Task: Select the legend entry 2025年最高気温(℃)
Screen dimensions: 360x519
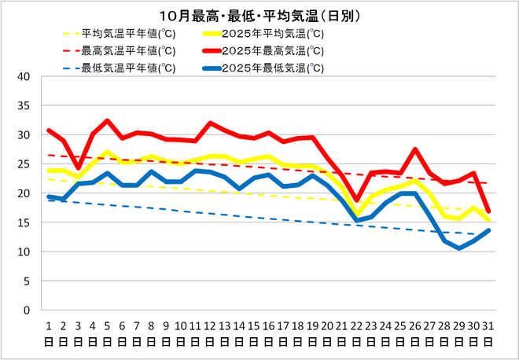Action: click(272, 50)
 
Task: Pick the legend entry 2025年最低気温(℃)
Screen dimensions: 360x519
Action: click(272, 68)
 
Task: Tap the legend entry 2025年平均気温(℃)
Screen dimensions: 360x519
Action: click(272, 34)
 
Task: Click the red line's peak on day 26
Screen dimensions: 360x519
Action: click(414, 149)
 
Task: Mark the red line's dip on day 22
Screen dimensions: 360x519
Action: click(356, 200)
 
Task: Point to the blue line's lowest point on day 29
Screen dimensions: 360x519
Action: click(458, 248)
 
